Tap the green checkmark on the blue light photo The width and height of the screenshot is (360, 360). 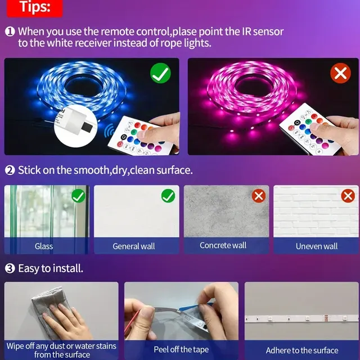[160, 73]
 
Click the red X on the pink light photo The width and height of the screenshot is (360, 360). [340, 73]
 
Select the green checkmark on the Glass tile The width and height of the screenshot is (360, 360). [78, 196]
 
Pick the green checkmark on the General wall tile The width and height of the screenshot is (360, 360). [168, 196]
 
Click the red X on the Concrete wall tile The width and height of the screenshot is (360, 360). [259, 196]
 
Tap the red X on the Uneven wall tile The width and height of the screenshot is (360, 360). [348, 196]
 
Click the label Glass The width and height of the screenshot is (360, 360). [44, 246]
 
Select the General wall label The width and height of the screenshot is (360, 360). [134, 246]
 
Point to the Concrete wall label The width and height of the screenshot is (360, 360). [223, 245]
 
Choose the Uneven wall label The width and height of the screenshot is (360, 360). [317, 246]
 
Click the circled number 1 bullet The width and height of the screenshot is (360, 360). [10, 31]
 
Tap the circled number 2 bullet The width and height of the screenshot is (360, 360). [10, 170]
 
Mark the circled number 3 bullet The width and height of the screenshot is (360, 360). [10, 268]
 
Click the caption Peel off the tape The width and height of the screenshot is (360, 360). [181, 349]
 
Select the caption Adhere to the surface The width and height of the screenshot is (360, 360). [302, 350]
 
